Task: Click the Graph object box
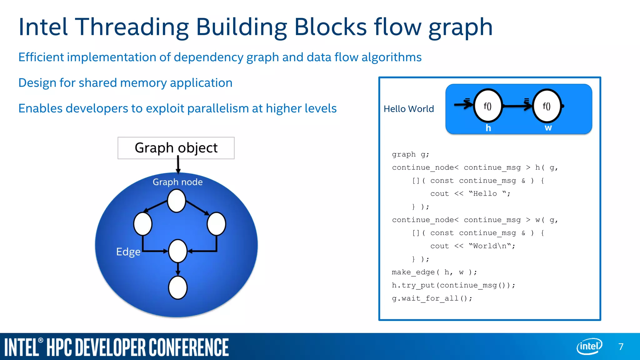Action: (x=176, y=148)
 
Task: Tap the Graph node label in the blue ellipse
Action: (x=177, y=182)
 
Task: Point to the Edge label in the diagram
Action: (x=128, y=252)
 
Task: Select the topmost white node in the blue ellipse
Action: (x=177, y=201)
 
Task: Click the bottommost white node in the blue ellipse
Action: (x=178, y=287)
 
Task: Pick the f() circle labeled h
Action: (x=488, y=106)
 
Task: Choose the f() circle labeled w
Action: (x=547, y=106)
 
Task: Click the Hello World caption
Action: (x=409, y=109)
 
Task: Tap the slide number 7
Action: (x=621, y=347)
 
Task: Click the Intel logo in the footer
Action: (x=589, y=346)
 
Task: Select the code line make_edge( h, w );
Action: (x=434, y=272)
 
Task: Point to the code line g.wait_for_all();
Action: (x=432, y=298)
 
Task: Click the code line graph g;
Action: (x=411, y=154)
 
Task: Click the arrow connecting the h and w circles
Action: (x=517, y=106)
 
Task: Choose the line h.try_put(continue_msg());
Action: (x=453, y=285)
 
